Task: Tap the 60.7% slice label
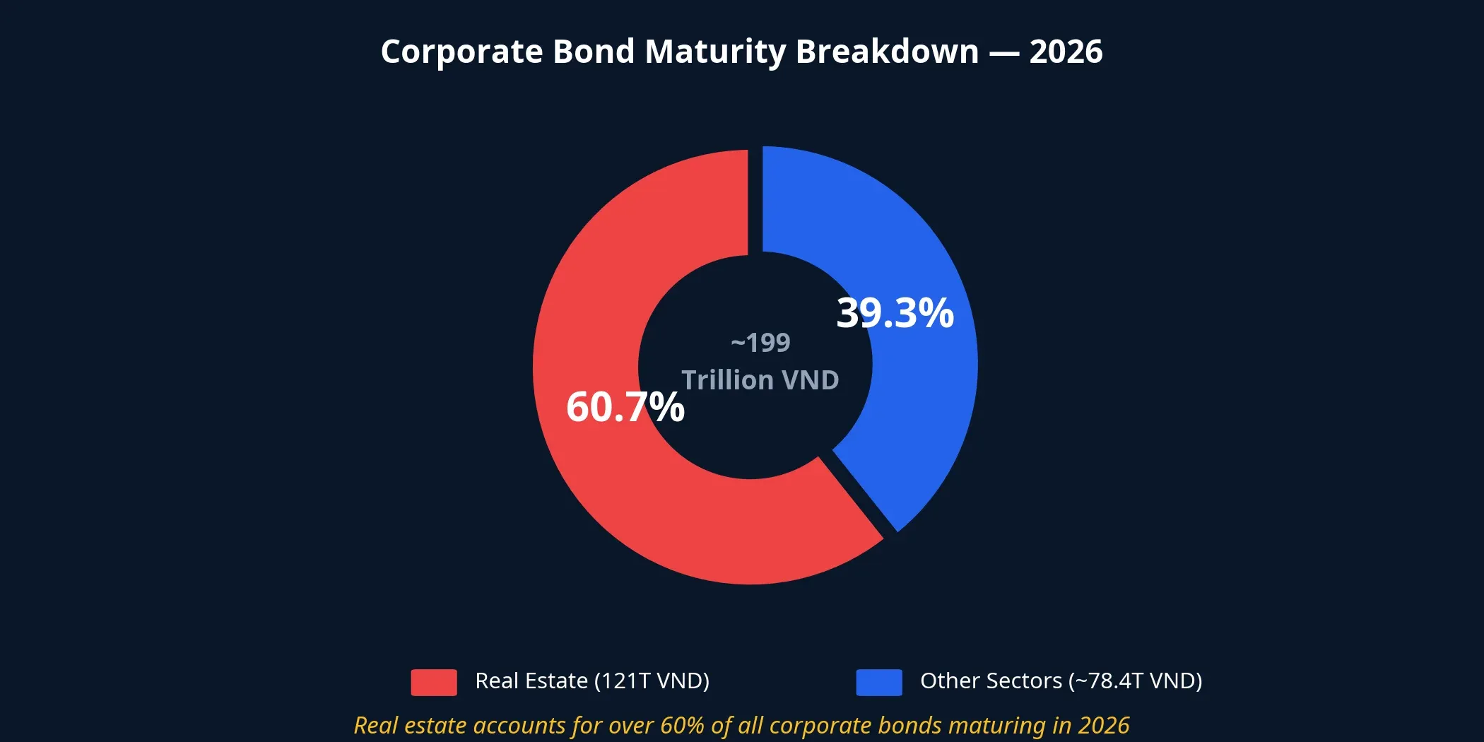[625, 407]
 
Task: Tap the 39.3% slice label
[895, 312]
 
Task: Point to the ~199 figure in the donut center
[760, 343]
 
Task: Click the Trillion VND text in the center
[760, 380]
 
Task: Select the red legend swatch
[434, 682]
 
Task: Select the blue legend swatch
[879, 682]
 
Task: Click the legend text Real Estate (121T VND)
[592, 681]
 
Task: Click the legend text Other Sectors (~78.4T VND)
[1061, 681]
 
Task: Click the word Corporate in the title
[461, 52]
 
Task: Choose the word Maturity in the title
[715, 52]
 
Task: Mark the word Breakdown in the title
[888, 52]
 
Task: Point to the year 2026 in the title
[1066, 52]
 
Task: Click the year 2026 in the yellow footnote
[1103, 726]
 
